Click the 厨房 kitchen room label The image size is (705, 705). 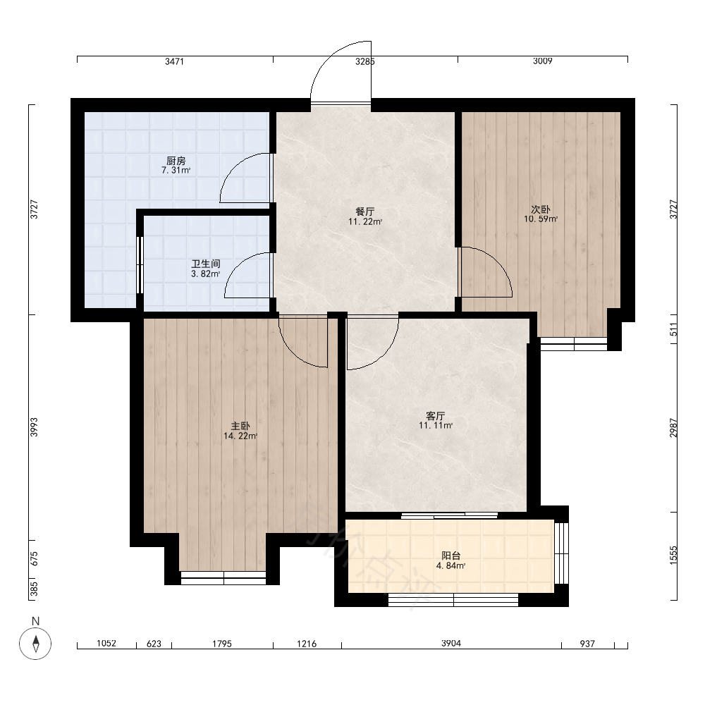[x=176, y=161]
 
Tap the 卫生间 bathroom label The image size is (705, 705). [x=205, y=264]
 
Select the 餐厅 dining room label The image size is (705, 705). [x=364, y=211]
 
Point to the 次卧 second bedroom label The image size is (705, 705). [x=541, y=209]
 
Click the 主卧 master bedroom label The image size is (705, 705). [x=240, y=426]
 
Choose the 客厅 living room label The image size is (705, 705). [x=435, y=416]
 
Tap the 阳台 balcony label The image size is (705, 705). [x=451, y=556]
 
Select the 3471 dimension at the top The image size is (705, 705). [x=174, y=61]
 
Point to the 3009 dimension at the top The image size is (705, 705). [x=543, y=61]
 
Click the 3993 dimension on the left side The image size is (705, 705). [x=34, y=427]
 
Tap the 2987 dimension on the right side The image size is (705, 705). [x=673, y=428]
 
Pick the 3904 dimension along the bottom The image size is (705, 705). [x=451, y=644]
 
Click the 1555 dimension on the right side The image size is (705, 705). [x=673, y=556]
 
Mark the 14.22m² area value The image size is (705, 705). [x=240, y=436]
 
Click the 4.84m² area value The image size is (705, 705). [x=451, y=566]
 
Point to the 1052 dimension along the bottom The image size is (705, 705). [x=106, y=644]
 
